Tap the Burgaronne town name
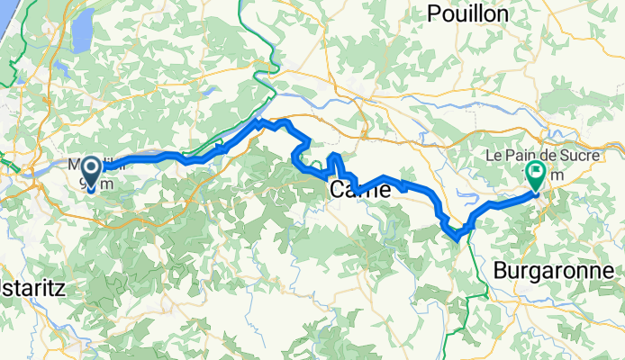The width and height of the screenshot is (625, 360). [x=554, y=270]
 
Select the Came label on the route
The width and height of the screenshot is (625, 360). [x=360, y=190]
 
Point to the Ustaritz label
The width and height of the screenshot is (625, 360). [x=32, y=287]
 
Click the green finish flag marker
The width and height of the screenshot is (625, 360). [x=536, y=174]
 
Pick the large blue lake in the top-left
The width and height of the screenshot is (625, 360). [x=81, y=31]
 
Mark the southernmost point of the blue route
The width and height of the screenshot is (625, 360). [x=459, y=238]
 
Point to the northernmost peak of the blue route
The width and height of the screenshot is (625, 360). [x=259, y=120]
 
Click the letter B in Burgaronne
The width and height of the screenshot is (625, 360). [x=501, y=270]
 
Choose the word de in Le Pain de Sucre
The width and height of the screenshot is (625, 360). [x=544, y=155]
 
